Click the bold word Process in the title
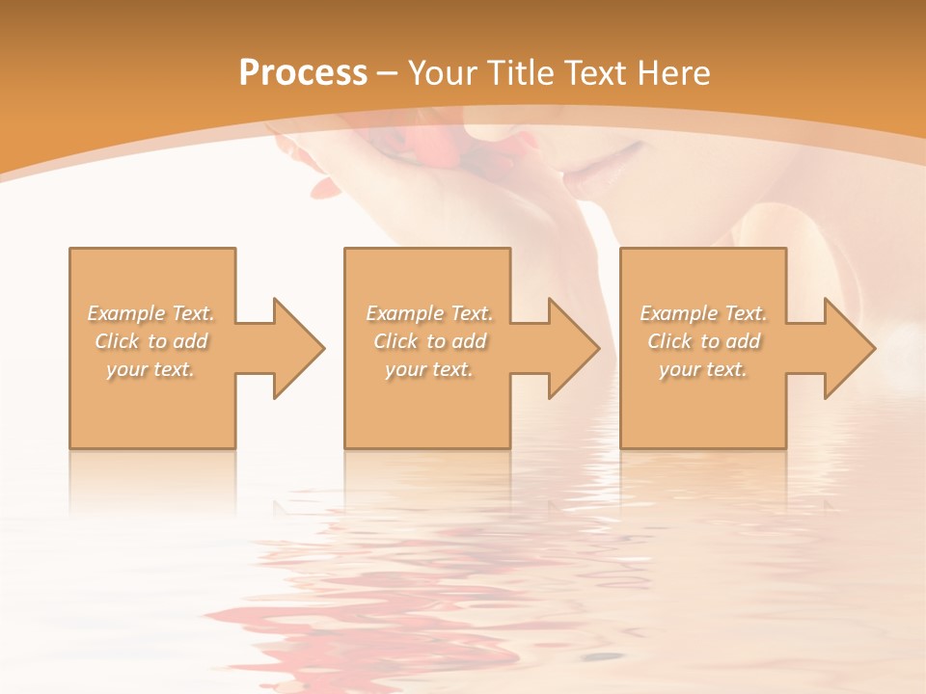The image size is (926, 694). click(303, 73)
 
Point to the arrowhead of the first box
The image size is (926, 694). click(299, 348)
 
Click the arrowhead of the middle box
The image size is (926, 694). click(574, 348)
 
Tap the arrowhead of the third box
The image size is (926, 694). click(850, 348)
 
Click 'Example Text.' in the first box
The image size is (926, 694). click(150, 313)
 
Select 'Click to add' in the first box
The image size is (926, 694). click(150, 341)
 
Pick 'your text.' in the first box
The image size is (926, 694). click(150, 369)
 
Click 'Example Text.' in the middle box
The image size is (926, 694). click(429, 313)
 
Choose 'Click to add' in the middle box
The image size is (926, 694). click(429, 341)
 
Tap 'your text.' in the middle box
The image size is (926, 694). click(429, 369)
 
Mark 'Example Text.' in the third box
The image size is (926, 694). click(703, 313)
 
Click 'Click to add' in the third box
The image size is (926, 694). click(703, 341)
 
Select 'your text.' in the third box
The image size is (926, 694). click(703, 369)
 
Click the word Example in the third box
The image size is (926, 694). click(678, 313)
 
